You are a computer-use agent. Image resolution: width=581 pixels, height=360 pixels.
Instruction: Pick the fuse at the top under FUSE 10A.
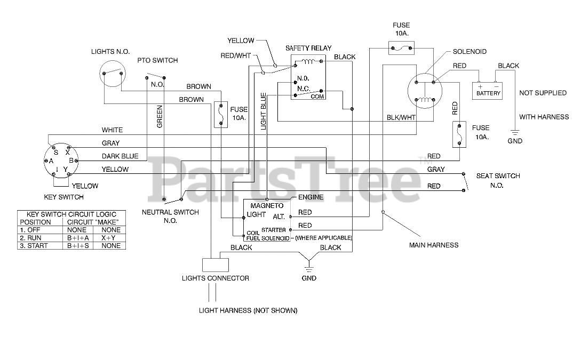point(401,48)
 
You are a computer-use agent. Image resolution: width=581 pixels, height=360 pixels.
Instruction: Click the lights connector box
point(216,265)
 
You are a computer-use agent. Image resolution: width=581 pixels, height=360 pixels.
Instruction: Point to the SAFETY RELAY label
point(308,48)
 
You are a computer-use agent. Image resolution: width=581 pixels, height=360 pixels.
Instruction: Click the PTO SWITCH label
point(157,60)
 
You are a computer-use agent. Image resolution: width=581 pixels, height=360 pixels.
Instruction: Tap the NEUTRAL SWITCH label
point(170,212)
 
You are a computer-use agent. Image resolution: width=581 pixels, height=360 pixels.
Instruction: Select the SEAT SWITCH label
point(498,176)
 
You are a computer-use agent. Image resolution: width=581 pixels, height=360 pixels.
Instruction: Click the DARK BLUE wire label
point(120,156)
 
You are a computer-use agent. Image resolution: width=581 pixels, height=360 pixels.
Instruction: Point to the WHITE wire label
point(112,130)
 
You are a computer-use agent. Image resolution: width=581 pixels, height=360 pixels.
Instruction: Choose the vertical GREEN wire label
point(160,117)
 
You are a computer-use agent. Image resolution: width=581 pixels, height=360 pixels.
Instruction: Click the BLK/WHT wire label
point(401,117)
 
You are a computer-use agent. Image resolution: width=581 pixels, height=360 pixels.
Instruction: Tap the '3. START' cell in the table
point(34,245)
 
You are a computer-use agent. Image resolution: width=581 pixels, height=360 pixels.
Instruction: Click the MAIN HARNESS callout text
point(434,245)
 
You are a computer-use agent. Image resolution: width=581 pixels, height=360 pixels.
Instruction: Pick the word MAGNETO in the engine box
point(267,205)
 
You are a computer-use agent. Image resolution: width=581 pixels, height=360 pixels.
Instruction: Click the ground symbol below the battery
point(515,132)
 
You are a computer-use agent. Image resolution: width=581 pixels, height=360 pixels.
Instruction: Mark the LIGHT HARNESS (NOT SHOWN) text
point(248,310)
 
